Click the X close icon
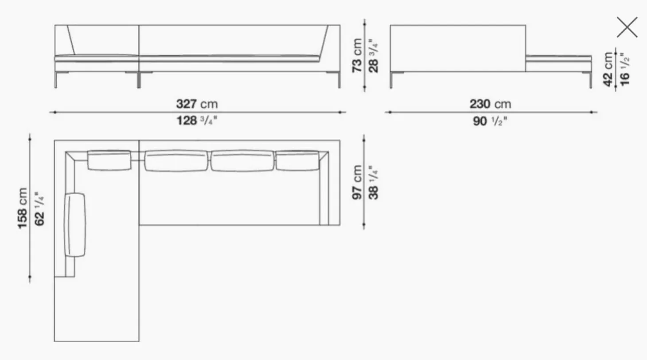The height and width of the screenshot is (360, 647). point(627,27)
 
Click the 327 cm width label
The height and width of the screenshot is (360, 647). point(197,104)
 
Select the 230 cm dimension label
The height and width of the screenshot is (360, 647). point(490,104)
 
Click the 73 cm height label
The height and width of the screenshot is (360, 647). point(357,55)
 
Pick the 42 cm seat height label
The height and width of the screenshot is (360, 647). point(608,69)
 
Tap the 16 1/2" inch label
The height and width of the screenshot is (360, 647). point(624,69)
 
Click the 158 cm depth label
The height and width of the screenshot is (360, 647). point(23,208)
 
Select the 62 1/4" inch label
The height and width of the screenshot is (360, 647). point(39,208)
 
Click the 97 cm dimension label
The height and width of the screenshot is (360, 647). point(358,182)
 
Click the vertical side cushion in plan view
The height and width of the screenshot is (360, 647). point(75,225)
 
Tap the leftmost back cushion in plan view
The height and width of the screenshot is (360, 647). point(109,160)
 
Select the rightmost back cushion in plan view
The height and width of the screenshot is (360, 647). point(297,160)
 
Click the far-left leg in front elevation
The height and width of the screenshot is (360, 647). point(56,80)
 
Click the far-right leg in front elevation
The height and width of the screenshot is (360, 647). point(339,80)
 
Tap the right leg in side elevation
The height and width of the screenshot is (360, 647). point(590,80)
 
